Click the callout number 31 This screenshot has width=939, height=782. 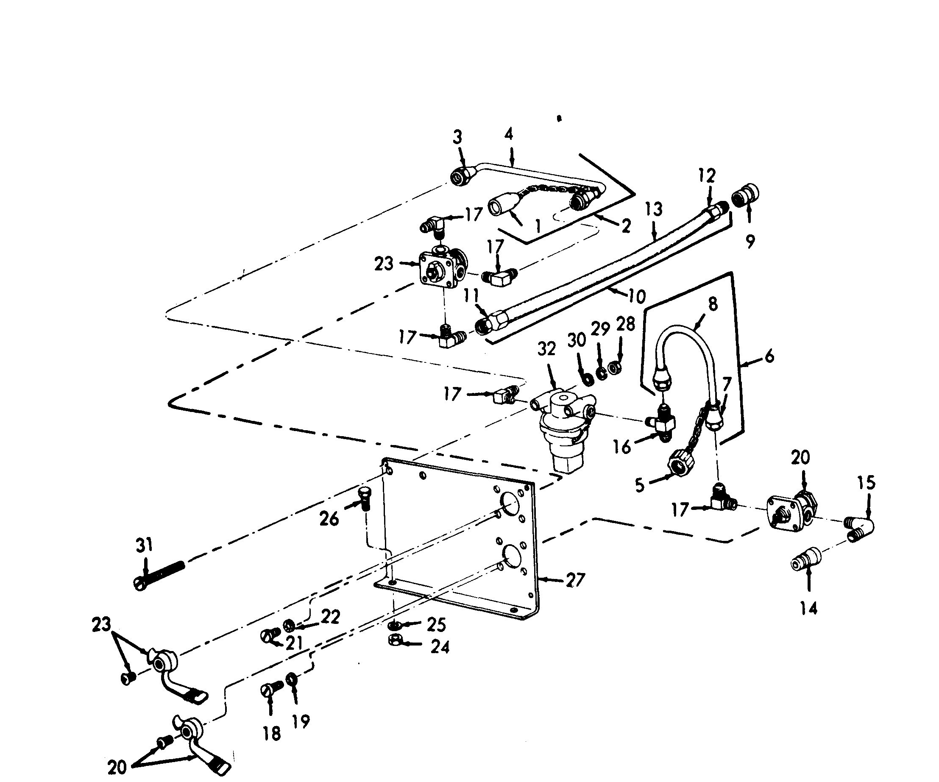[144, 546]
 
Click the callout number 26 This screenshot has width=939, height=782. [329, 519]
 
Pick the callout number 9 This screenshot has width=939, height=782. [750, 242]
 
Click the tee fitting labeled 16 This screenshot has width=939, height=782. [661, 422]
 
